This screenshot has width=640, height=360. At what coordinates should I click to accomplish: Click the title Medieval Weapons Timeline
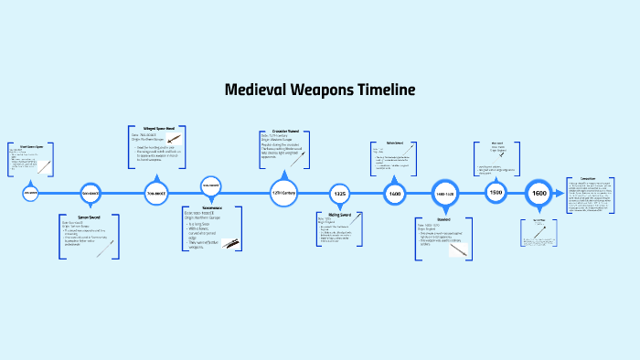coord(320,90)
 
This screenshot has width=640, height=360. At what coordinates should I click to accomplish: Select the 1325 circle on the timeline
coord(339,194)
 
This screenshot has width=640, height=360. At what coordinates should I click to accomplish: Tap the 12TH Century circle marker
coord(283,194)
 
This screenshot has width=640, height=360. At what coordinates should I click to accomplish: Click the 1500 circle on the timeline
coord(496,194)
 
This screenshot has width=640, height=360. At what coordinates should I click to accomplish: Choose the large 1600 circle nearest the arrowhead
coord(539,194)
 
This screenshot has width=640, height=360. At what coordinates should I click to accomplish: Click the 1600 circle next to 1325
coord(395,194)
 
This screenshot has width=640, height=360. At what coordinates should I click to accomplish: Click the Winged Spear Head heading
coord(156,129)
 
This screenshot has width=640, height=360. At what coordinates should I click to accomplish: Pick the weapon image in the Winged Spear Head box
coord(175,139)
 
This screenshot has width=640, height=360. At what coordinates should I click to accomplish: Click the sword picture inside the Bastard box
coord(457,248)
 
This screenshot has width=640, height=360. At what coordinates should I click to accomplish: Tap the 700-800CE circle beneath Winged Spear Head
coord(156,194)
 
